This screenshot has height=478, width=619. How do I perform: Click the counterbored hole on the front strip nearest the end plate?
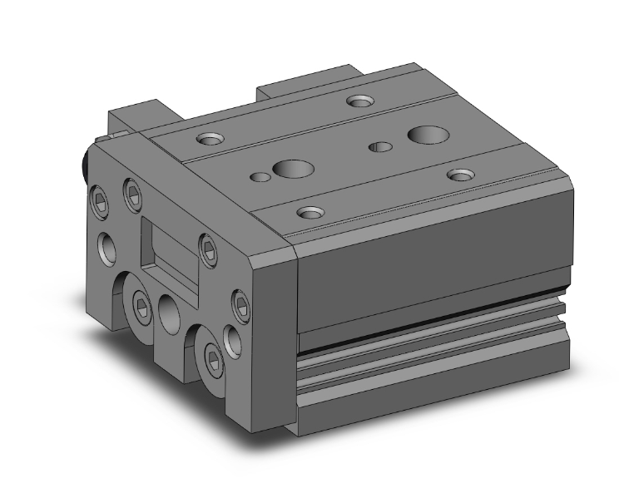click(x=309, y=212)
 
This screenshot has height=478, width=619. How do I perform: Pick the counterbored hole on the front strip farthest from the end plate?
click(x=459, y=174)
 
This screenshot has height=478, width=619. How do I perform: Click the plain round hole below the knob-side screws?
click(x=106, y=246)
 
